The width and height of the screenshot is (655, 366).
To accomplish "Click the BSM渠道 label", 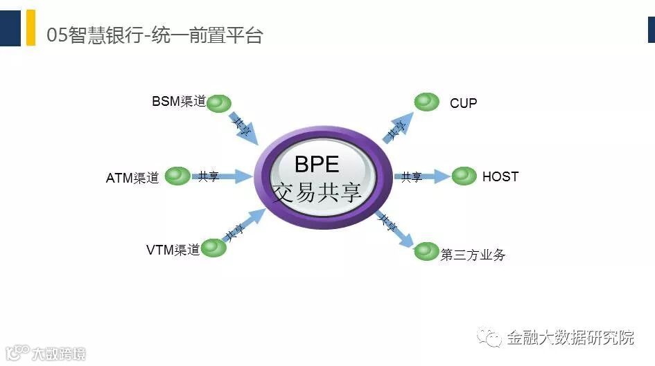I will (x=179, y=102).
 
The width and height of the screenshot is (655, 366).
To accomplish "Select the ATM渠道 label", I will (x=132, y=178).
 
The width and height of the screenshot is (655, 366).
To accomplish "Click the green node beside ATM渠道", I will (x=177, y=176).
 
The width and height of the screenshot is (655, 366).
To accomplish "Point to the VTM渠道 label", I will (x=173, y=250).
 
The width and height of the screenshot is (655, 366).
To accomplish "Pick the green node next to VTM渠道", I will (x=214, y=248).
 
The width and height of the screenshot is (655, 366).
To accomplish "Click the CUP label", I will (x=463, y=103).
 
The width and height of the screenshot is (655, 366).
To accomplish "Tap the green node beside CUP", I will (x=427, y=102).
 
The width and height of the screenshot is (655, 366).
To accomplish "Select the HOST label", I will (x=500, y=176).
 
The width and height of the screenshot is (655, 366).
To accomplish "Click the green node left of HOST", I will (x=464, y=176).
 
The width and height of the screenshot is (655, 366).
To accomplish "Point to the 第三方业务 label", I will (x=473, y=255).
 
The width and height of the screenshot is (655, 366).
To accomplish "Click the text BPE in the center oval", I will (x=317, y=164).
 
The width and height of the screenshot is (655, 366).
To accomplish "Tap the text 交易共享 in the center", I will (x=317, y=193).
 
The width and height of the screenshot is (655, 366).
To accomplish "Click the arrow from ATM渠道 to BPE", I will (x=222, y=176).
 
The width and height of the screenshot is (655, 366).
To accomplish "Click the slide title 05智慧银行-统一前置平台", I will (x=154, y=35).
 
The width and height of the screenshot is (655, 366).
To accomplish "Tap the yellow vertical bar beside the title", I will (x=30, y=28).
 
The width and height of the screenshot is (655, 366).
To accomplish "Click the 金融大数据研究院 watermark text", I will (x=570, y=338).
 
